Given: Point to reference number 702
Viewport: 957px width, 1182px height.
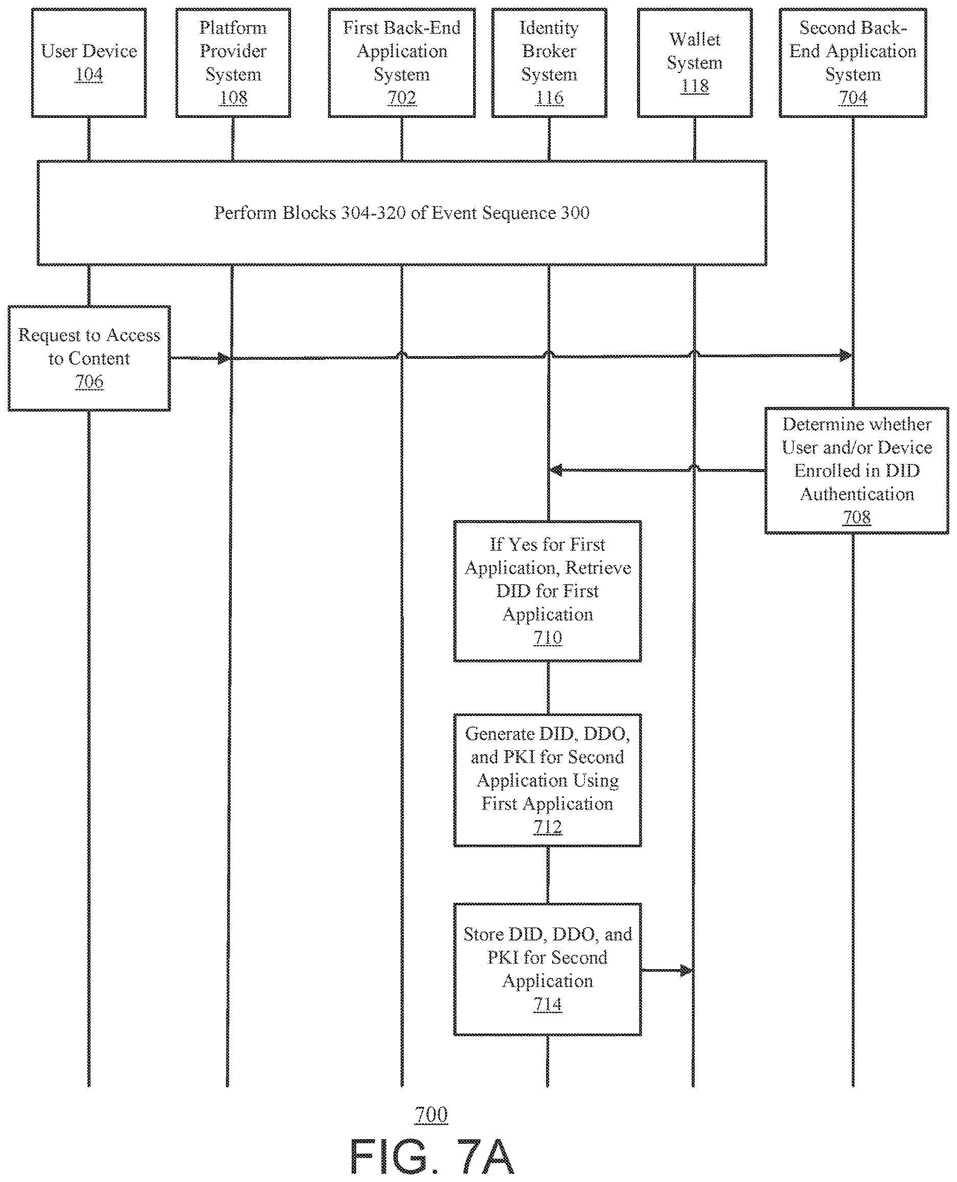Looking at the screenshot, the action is point(401,97).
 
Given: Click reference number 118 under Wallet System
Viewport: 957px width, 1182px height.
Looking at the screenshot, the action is point(695,86).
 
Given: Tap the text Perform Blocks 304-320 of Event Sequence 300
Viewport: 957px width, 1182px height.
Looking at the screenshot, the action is point(401,213).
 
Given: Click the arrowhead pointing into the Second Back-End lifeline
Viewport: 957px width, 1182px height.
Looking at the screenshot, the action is point(846,356).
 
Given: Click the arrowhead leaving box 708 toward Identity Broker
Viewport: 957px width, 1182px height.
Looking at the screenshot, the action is point(557,470).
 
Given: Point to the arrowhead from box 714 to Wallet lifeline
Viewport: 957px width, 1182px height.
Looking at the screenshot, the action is point(686,970).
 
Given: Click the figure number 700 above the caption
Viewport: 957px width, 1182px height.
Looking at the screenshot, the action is point(431,1114).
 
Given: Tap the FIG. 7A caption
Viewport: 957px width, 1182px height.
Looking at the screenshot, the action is point(432,1155).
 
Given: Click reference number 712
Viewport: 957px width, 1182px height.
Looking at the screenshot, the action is point(548,827).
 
